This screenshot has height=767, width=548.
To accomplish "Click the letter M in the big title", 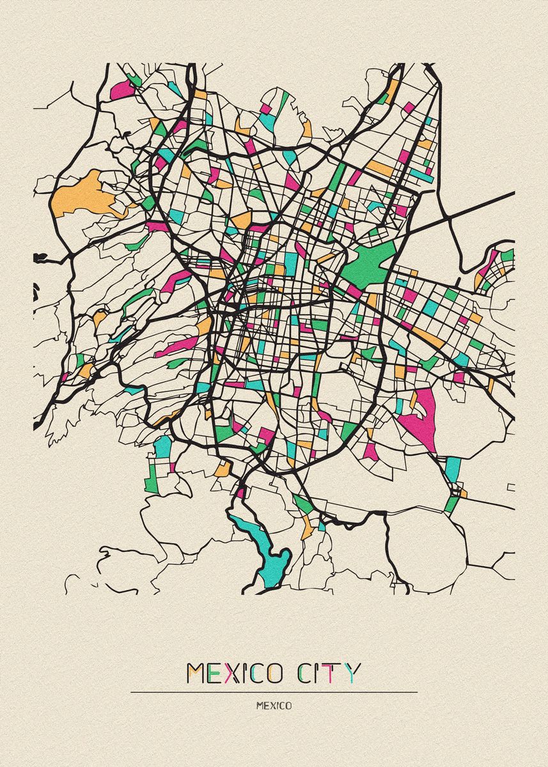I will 196,673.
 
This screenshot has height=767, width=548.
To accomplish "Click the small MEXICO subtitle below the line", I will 274,706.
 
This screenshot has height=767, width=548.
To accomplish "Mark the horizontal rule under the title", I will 274,692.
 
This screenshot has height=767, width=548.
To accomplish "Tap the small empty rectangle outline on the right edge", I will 510,487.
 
